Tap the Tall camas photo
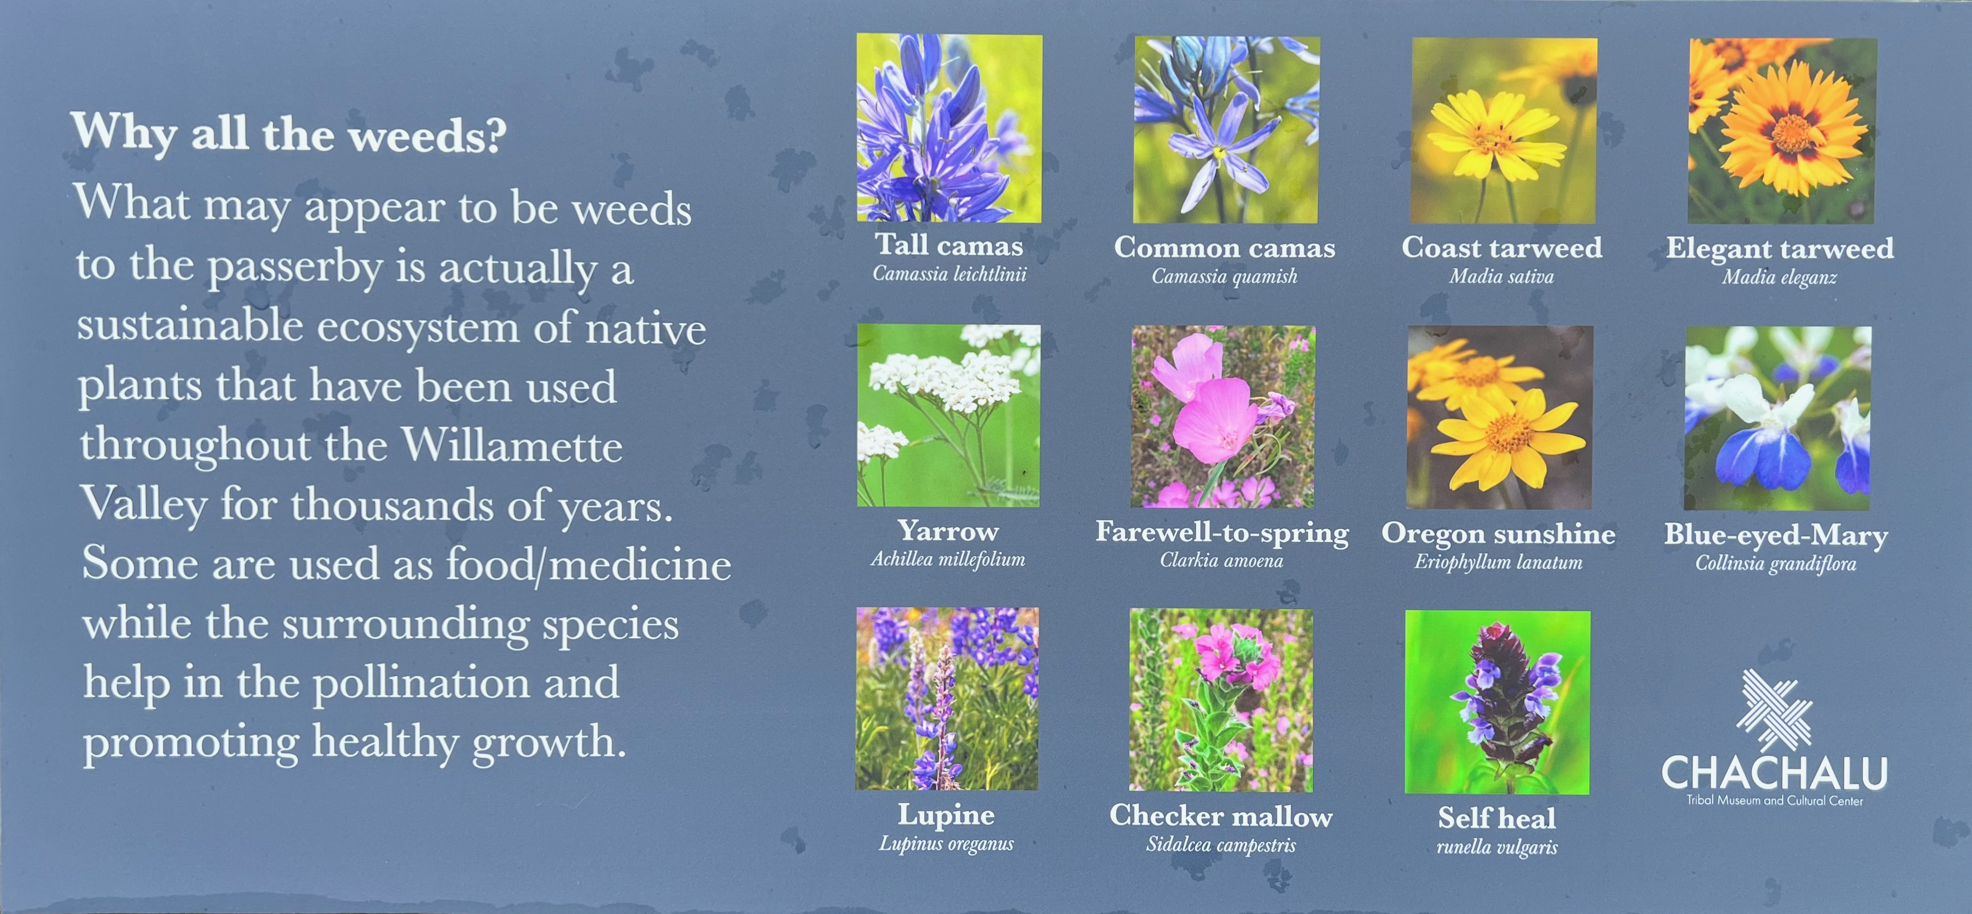tap(949, 128)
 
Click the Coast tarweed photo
tap(1504, 131)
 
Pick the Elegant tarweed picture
tap(1782, 131)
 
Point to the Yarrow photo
tap(948, 415)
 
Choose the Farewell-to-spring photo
tap(1223, 416)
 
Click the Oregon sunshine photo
tap(1500, 417)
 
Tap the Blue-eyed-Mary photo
tap(1778, 418)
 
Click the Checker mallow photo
tap(1221, 700)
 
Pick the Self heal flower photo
tap(1497, 702)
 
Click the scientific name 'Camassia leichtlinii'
tap(949, 274)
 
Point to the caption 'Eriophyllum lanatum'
tap(1498, 562)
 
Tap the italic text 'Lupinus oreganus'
tap(946, 843)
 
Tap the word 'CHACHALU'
tap(1774, 772)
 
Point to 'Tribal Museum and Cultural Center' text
tap(1774, 801)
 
